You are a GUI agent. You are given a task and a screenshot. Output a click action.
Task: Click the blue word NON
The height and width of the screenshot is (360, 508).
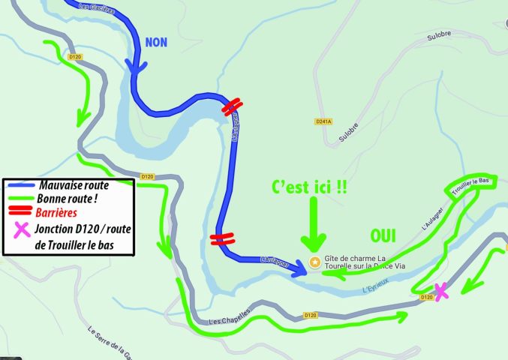(x=156, y=42)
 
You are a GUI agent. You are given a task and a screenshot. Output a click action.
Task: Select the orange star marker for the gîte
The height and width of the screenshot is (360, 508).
(x=315, y=262)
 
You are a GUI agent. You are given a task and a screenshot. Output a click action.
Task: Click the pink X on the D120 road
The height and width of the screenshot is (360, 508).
(x=440, y=291)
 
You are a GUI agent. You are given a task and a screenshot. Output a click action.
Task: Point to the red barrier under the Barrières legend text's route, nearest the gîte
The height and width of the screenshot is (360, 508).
(x=221, y=239)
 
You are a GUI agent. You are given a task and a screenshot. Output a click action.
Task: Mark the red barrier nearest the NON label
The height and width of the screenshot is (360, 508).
(x=231, y=108)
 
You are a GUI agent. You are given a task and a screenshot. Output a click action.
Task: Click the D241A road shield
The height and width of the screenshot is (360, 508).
(x=323, y=121)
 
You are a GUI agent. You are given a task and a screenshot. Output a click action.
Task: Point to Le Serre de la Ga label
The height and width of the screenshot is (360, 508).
(x=112, y=341)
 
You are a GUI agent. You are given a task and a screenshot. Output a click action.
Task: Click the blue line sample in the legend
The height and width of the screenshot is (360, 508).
(x=23, y=184)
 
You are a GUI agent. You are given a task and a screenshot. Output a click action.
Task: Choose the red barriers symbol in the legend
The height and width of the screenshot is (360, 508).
(x=23, y=211)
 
